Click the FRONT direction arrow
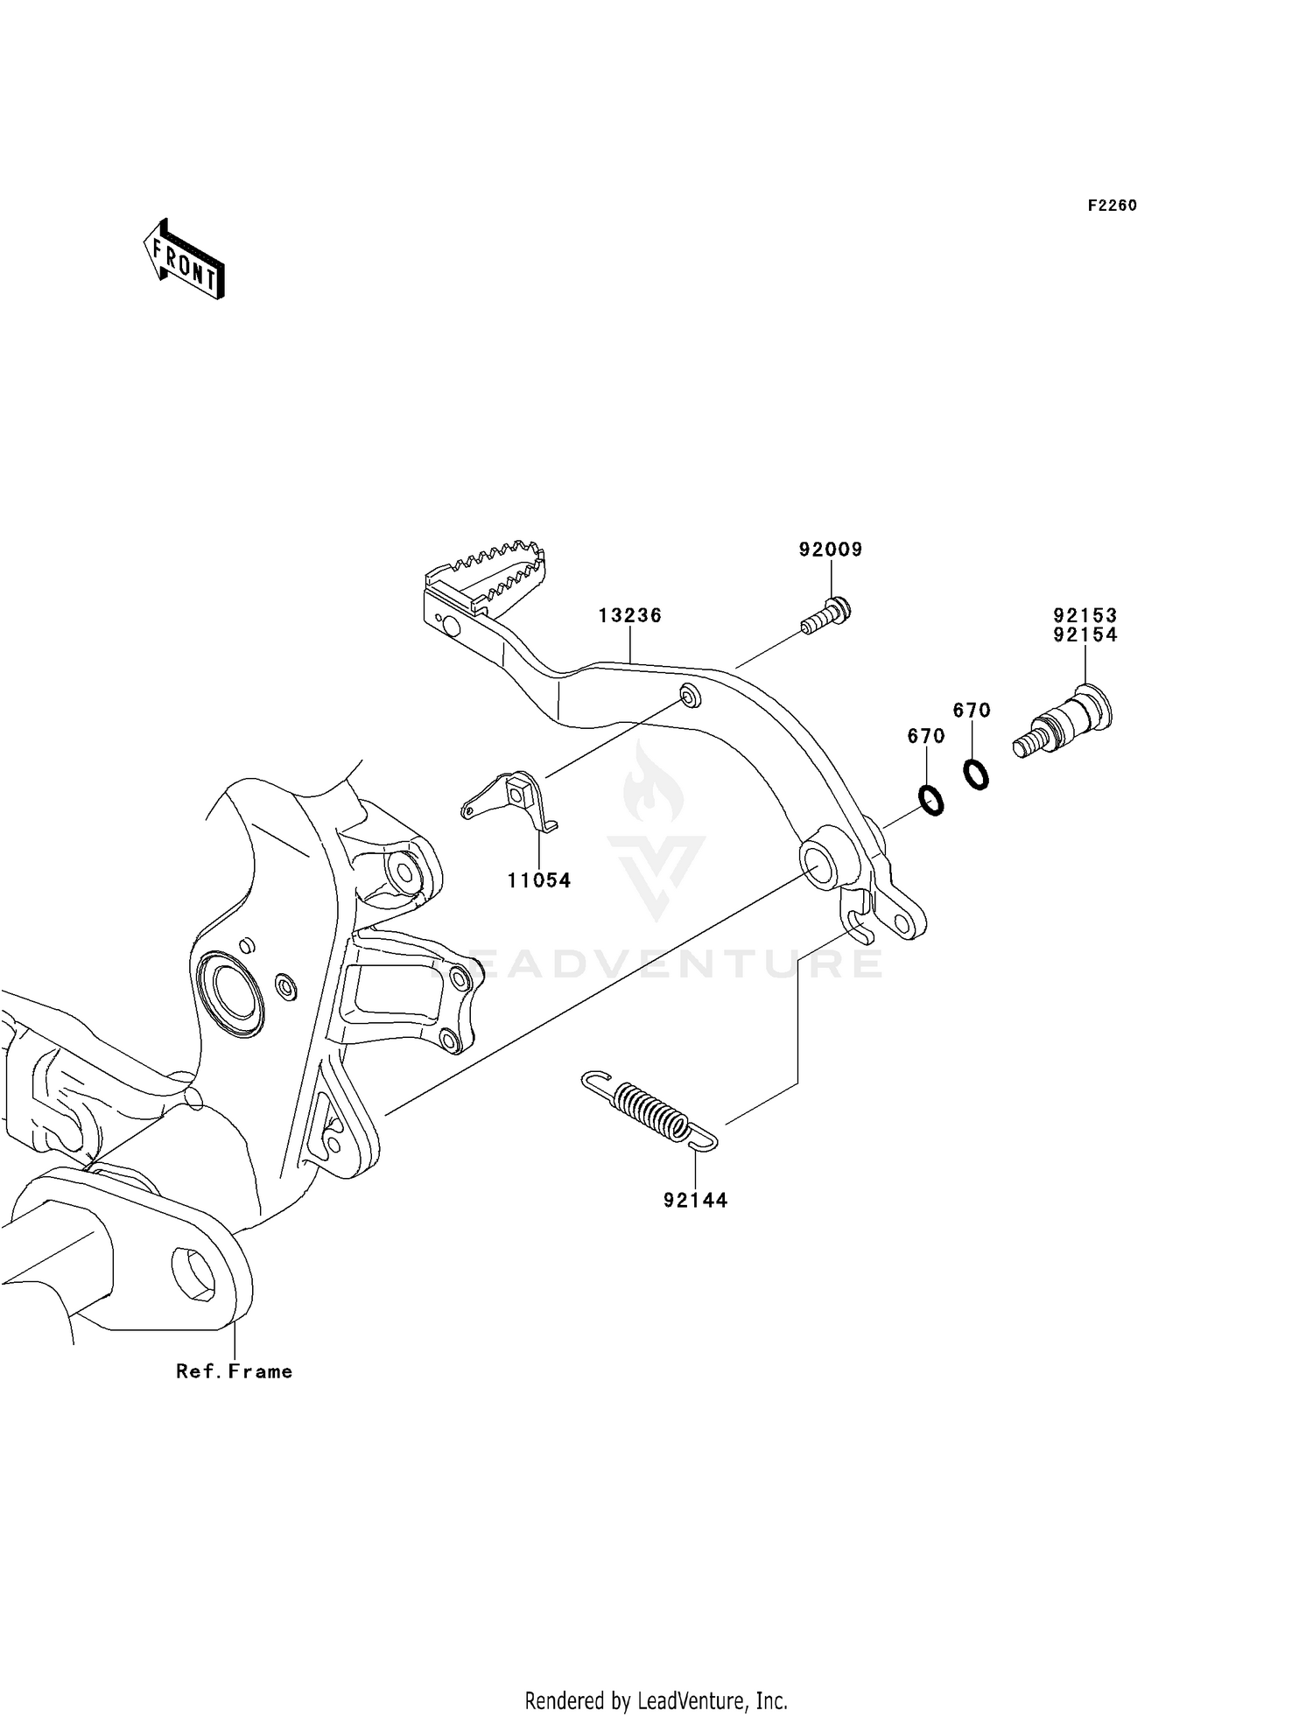click(185, 260)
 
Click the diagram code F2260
click(1112, 206)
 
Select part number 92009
click(830, 550)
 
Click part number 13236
click(630, 615)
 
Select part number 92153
click(1085, 615)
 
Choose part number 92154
click(1085, 635)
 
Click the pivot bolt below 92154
click(1064, 722)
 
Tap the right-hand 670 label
click(972, 711)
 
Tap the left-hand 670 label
click(926, 736)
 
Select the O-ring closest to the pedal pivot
click(931, 800)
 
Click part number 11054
click(539, 881)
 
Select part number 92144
click(695, 1201)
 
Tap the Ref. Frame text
click(234, 1371)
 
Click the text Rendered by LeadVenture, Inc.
click(656, 1699)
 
